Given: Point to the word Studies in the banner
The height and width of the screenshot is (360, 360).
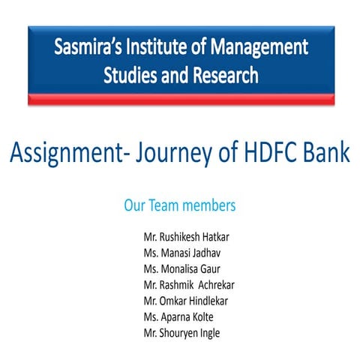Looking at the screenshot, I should [130, 76].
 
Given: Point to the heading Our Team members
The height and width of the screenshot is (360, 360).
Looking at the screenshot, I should [180, 204].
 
